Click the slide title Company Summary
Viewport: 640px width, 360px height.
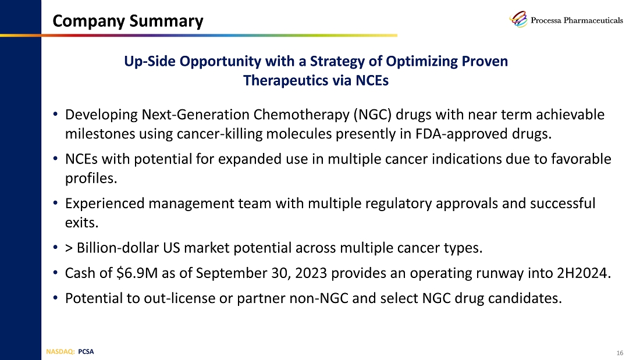coord(128,22)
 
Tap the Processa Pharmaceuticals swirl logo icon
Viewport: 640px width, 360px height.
coord(519,20)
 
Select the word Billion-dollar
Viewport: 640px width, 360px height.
coord(119,249)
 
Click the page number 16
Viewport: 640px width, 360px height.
coord(619,353)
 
